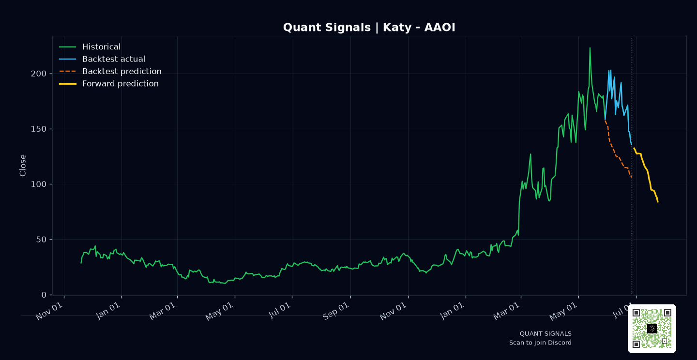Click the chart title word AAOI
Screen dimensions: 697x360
click(x=439, y=28)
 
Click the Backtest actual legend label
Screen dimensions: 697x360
click(x=114, y=59)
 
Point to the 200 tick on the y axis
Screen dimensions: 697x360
click(x=39, y=74)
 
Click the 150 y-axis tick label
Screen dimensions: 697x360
click(x=39, y=129)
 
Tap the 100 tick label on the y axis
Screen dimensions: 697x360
click(x=39, y=184)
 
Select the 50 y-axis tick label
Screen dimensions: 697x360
click(x=42, y=240)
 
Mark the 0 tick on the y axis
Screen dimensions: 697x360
click(x=44, y=295)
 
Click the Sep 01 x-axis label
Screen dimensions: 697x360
click(x=336, y=311)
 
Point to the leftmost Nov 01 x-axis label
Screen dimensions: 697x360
click(x=49, y=311)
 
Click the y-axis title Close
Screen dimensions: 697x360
click(x=23, y=165)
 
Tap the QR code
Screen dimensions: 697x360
click(x=652, y=329)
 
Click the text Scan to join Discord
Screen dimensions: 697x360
click(x=540, y=343)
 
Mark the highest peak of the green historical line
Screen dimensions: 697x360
click(x=590, y=48)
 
